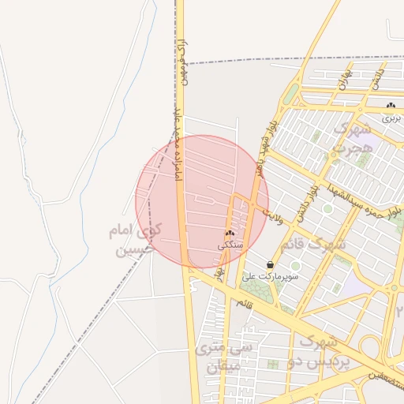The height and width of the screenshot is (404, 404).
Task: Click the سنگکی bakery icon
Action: [x=230, y=234]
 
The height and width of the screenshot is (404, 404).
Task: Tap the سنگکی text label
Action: [x=230, y=245]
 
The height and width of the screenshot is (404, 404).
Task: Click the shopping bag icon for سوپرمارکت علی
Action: [x=271, y=264]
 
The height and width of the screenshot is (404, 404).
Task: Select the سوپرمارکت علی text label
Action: [x=271, y=277]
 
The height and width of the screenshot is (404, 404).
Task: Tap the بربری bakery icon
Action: [x=391, y=106]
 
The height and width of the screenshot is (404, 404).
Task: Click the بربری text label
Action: [x=392, y=118]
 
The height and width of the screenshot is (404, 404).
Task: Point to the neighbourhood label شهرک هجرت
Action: [x=350, y=137]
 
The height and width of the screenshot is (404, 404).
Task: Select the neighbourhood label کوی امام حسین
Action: [x=134, y=241]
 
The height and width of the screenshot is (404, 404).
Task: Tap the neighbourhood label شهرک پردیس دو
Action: [x=319, y=352]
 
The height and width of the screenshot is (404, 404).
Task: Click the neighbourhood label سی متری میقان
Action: [x=230, y=357]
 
